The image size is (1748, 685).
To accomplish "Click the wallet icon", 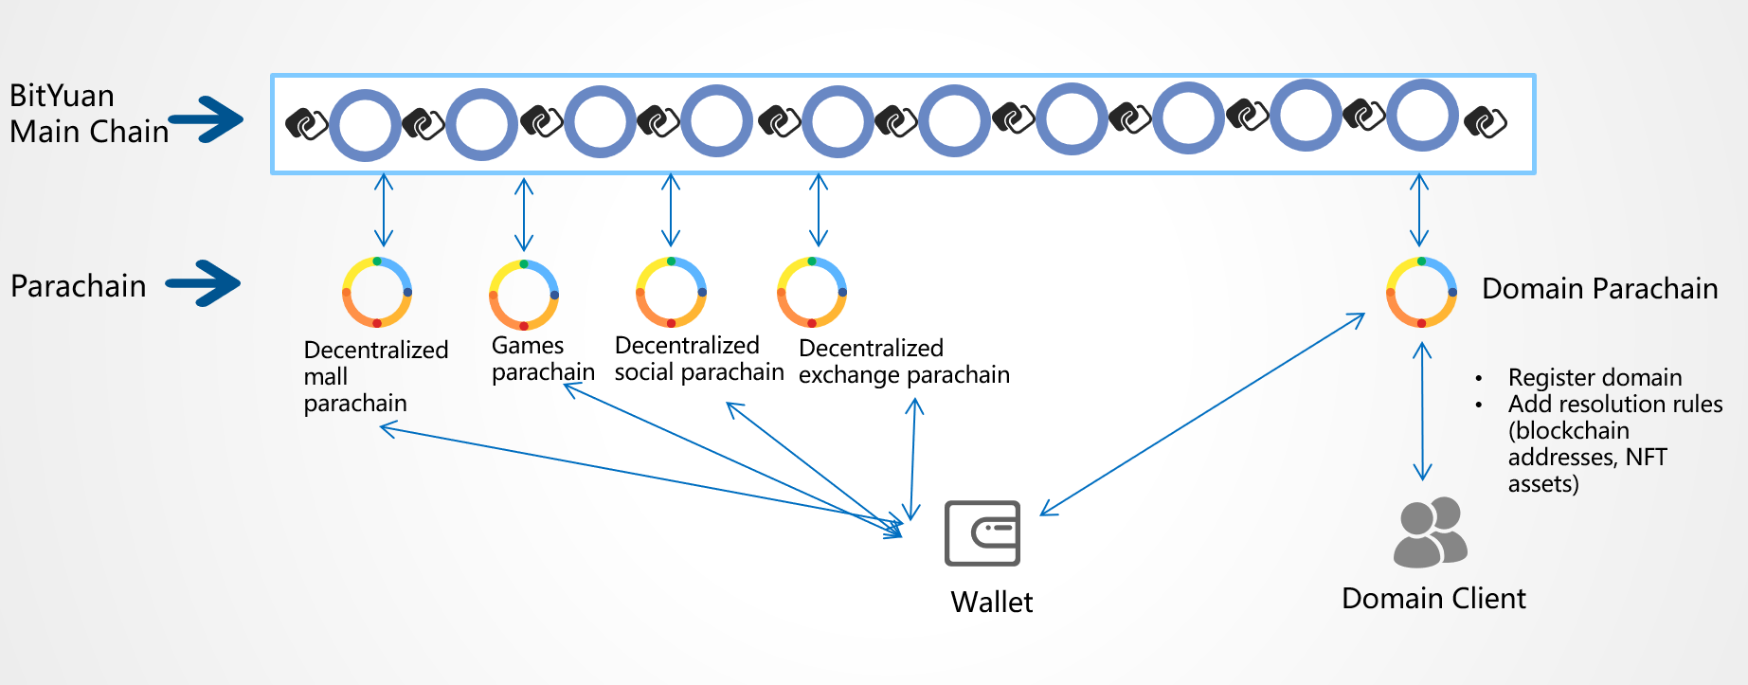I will click(x=982, y=533).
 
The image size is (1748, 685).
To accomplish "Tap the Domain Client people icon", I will click(x=1430, y=532).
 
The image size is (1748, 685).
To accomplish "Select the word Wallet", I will click(x=991, y=602).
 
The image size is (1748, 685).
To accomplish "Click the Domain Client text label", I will click(x=1433, y=599).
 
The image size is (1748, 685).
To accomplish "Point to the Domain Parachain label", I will click(x=1599, y=288).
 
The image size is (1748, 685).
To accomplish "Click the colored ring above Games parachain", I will click(x=524, y=295).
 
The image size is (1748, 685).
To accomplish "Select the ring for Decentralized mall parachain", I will click(x=377, y=292).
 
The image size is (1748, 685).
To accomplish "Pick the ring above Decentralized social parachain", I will click(x=671, y=292).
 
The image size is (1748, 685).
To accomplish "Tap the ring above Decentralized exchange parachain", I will click(x=812, y=292).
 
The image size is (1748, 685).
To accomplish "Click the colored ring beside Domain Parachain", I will click(x=1421, y=292).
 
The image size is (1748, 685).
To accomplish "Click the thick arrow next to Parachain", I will click(x=205, y=283).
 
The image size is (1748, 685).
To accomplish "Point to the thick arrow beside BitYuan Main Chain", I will click(x=207, y=119).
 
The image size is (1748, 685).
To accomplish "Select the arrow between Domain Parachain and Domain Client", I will click(x=1422, y=411).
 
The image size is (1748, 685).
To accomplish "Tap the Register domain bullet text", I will click(x=1595, y=377).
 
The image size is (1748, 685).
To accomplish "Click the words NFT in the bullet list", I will click(x=1646, y=457).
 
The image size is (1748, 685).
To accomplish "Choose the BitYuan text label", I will click(x=62, y=96).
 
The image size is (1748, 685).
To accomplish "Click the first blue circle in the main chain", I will click(x=365, y=125).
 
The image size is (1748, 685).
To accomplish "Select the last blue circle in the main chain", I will click(x=1422, y=116).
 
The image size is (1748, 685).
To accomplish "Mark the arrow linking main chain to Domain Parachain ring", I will click(x=1419, y=210).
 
